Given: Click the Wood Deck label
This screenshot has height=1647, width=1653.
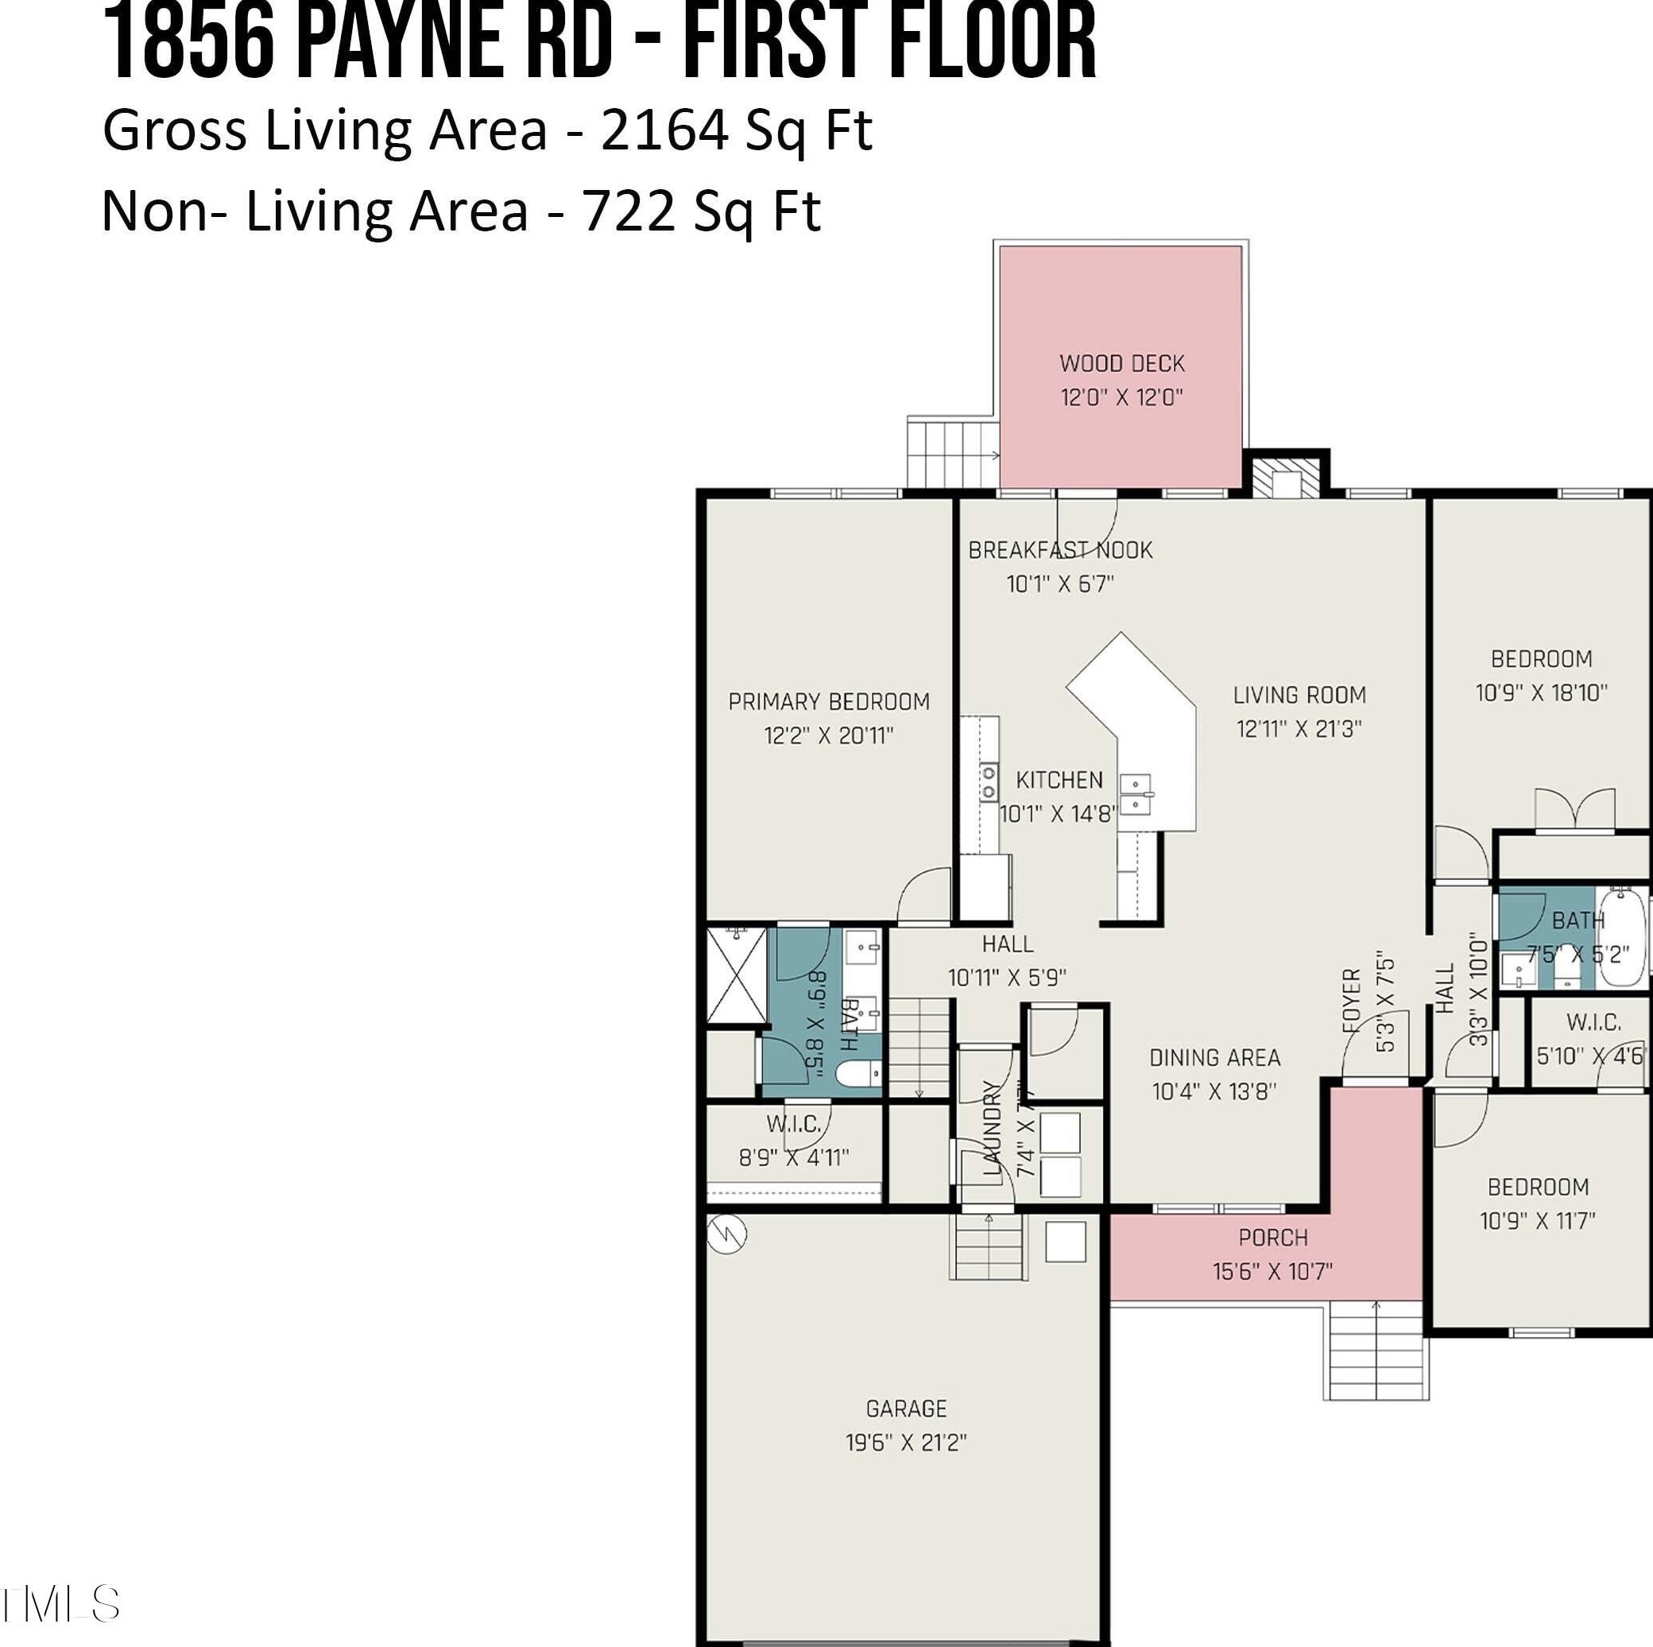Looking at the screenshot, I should pos(1121,363).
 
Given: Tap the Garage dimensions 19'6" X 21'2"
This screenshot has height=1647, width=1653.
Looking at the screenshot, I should pos(906,1442).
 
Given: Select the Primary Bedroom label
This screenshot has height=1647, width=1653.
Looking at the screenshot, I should pos(828,702).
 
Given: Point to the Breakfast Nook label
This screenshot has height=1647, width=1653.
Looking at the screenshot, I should pos(1060,550).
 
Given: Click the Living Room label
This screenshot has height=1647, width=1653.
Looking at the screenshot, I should pos(1299,695).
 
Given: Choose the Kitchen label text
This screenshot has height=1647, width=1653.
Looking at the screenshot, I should pos(1059,780).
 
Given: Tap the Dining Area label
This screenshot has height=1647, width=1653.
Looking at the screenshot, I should pos(1214,1057).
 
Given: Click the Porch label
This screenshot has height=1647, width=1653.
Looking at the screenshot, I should pos(1272,1237).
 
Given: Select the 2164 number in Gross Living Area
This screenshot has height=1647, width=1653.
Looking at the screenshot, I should pos(664,131).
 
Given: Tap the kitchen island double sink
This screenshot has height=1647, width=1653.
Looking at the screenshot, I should pos(1136,794).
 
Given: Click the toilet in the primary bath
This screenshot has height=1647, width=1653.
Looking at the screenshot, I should pos(858,1074).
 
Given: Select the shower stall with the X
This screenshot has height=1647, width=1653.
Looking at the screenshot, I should pos(736,975).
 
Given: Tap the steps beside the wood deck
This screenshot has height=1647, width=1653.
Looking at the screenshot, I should pos(951,453).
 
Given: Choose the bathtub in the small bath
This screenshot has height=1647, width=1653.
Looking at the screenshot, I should pos(1620,939).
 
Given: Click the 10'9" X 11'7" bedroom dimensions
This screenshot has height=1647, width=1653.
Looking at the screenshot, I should pos(1538,1221).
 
